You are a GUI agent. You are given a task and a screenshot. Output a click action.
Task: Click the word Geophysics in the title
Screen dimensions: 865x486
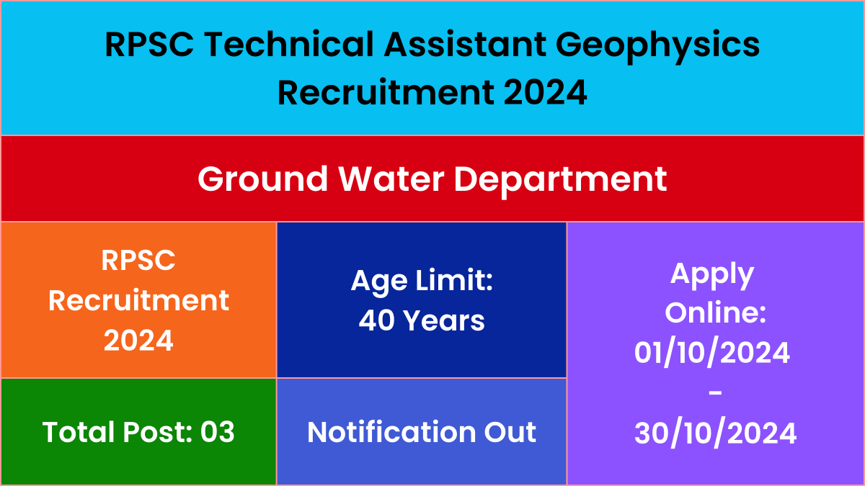[x=657, y=46]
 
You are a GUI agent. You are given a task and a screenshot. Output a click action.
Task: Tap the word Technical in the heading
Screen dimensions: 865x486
[x=289, y=44]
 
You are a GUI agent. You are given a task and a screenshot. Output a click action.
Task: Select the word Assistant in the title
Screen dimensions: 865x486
[x=465, y=44]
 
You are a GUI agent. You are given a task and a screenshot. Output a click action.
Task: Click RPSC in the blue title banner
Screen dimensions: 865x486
[x=149, y=44]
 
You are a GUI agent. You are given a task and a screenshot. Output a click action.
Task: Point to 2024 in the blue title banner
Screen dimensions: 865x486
[x=545, y=92]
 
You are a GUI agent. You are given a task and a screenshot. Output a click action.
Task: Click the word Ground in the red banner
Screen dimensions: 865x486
[x=263, y=179]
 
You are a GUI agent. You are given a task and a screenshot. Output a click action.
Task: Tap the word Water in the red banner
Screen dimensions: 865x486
[x=391, y=179]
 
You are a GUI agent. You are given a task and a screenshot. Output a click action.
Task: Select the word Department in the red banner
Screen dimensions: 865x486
[x=560, y=181]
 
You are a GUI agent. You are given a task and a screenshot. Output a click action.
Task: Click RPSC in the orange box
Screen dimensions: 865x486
[x=138, y=261]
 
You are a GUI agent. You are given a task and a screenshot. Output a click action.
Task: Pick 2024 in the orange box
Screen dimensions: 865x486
[x=138, y=341]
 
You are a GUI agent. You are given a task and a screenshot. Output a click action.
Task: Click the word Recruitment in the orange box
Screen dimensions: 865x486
[x=138, y=300]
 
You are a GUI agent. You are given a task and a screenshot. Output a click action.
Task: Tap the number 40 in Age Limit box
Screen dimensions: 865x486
[x=376, y=320]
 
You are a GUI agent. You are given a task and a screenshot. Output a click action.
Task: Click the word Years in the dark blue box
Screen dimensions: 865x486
[x=445, y=320]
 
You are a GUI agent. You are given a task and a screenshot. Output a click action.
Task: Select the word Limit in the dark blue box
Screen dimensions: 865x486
[x=454, y=280]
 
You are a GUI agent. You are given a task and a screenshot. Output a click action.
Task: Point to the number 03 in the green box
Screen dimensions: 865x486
[x=218, y=431]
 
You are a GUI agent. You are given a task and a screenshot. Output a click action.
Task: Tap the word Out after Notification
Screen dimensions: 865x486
[x=510, y=431]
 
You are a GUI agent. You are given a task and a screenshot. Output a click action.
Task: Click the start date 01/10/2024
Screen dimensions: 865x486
[x=712, y=353]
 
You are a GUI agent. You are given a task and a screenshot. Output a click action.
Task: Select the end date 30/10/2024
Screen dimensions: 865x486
[x=716, y=433]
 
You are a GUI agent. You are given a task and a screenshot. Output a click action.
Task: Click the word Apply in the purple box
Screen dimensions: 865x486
[x=712, y=275]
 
